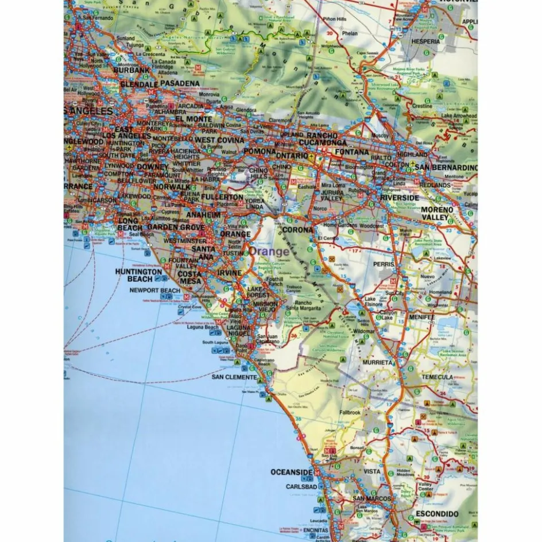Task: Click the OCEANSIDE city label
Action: [292, 473]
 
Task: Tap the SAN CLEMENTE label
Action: [234, 377]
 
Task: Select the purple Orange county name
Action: [270, 251]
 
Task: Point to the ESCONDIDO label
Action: [438, 514]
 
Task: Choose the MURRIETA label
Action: [377, 363]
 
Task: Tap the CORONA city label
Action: [298, 230]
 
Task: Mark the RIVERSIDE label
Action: [401, 198]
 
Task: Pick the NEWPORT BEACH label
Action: [154, 291]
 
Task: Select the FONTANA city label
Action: [352, 152]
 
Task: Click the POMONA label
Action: [260, 151]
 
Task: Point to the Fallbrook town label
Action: [350, 412]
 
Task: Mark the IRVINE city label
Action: [229, 273]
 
